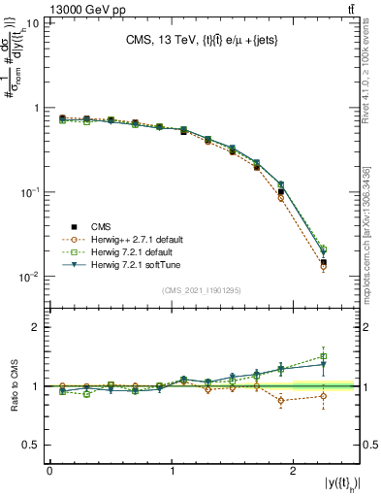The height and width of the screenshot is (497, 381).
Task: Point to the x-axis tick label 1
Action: pos(172,471)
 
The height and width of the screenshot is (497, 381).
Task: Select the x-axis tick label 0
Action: pos(49,471)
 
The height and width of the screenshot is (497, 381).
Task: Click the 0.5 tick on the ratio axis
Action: pos(37,445)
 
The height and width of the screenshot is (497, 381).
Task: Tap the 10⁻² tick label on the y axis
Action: pos(29,277)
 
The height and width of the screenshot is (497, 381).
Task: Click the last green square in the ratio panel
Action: pos(324,356)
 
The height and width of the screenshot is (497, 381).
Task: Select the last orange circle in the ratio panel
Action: pos(324,396)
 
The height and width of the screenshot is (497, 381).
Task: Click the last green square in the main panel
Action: pos(324,249)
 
